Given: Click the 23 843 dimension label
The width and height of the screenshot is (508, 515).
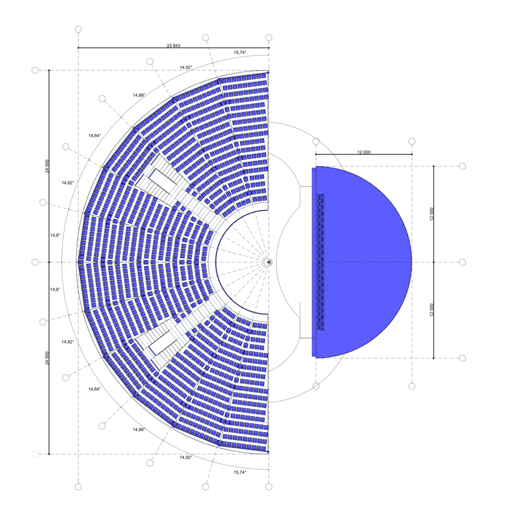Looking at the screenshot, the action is tap(173, 46).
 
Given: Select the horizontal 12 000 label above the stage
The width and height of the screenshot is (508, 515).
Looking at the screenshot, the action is tap(364, 152).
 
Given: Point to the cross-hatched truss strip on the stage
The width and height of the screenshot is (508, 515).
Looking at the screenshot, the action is tap(320, 262).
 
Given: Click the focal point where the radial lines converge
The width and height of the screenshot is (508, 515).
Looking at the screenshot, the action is tap(269, 262).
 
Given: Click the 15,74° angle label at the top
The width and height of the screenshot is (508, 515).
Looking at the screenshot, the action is tap(240, 52).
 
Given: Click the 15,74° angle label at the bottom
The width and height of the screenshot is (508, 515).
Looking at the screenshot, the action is tap(240, 472).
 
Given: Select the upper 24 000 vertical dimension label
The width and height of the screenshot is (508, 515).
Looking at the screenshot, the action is tap(47, 166).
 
